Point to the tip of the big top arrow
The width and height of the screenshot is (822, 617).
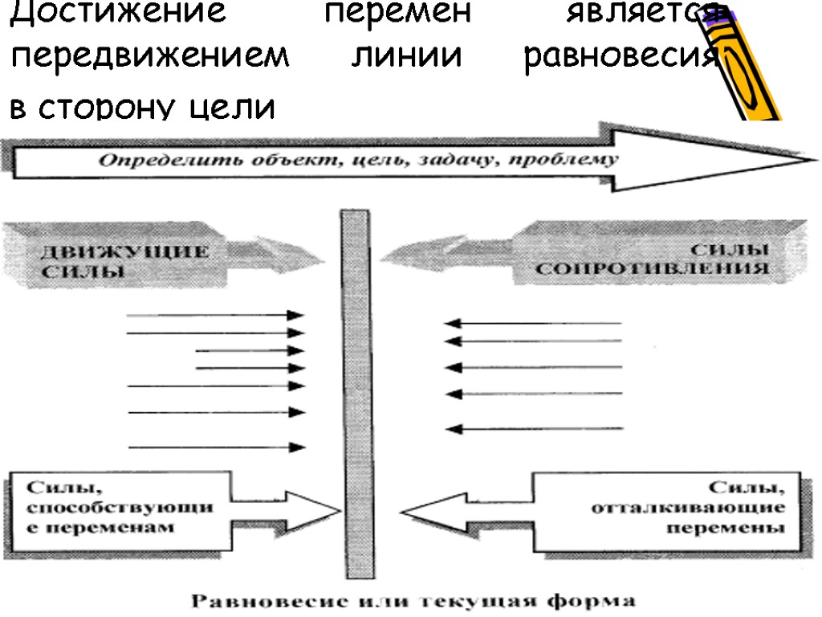[x=811, y=158]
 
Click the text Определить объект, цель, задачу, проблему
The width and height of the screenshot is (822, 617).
[x=359, y=160]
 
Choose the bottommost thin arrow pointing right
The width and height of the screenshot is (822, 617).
[x=217, y=447]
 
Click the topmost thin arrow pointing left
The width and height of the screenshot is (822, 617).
[x=534, y=324]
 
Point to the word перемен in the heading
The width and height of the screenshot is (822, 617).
[x=378, y=14]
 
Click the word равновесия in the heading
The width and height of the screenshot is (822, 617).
[x=619, y=59]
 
